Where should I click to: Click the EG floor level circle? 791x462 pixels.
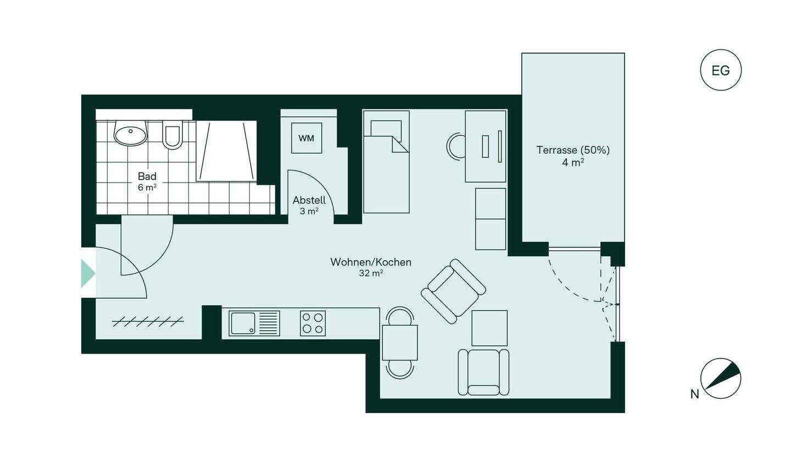coord(721,70)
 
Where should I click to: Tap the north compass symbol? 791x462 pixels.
coord(720,378)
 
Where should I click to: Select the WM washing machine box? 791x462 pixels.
coord(307,138)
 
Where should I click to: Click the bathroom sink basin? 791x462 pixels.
coord(130,133)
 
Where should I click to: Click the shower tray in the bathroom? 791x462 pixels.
coord(226,151)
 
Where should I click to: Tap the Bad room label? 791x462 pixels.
coord(147,176)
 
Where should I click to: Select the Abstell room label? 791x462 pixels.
coord(309,200)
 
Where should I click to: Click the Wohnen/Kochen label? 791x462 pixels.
coord(371,262)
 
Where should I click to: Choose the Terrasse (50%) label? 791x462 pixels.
coord(573,150)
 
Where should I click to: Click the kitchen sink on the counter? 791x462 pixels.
coord(254,323)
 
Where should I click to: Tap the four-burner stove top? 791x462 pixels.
coord(313,323)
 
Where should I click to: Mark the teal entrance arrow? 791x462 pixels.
coord(88,273)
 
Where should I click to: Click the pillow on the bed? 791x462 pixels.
coord(386,128)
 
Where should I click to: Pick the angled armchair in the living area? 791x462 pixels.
coord(453,291)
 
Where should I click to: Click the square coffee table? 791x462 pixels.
coord(489,328)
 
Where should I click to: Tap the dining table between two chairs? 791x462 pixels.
coord(400,343)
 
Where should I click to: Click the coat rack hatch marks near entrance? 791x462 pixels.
coord(148,321)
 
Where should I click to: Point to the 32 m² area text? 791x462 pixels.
coord(371,273)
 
